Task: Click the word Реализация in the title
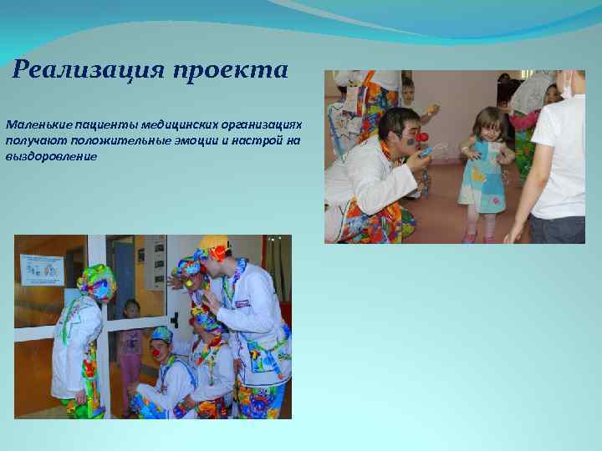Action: tap(88, 69)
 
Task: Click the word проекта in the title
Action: tap(230, 70)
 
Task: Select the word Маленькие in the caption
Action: tap(37, 124)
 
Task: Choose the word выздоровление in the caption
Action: tap(51, 155)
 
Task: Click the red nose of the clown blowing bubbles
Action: tap(423, 137)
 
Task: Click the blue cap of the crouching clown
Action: tap(161, 335)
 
